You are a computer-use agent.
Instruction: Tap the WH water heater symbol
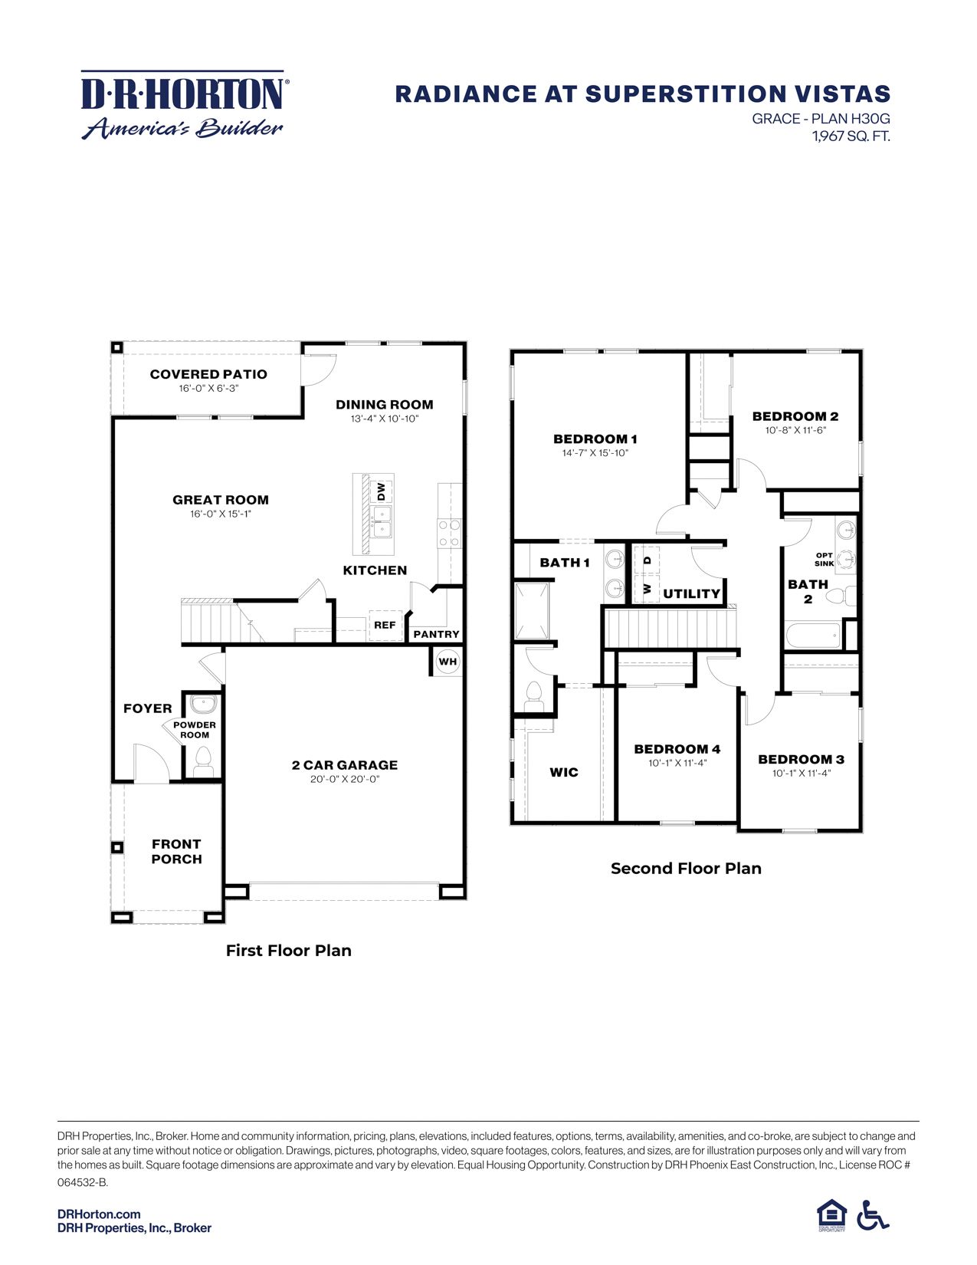click(x=448, y=662)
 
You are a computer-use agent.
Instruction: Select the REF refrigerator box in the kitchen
click(x=385, y=626)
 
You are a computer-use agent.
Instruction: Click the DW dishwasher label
click(x=382, y=491)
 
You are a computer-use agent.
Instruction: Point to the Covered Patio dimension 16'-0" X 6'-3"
click(x=208, y=389)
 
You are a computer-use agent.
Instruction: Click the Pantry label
click(x=436, y=635)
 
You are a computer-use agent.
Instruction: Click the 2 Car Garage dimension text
click(x=345, y=780)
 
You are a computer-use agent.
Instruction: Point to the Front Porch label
click(x=176, y=852)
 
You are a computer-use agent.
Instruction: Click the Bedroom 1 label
click(x=595, y=439)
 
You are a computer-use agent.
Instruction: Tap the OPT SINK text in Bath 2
click(x=825, y=560)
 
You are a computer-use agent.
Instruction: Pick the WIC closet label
click(x=564, y=773)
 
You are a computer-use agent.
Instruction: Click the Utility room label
click(x=691, y=594)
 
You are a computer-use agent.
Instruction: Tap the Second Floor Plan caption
click(x=686, y=869)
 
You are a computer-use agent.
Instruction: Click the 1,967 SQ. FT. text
click(x=851, y=136)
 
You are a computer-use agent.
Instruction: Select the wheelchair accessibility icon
click(x=873, y=1216)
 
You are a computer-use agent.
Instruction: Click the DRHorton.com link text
click(x=99, y=1214)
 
